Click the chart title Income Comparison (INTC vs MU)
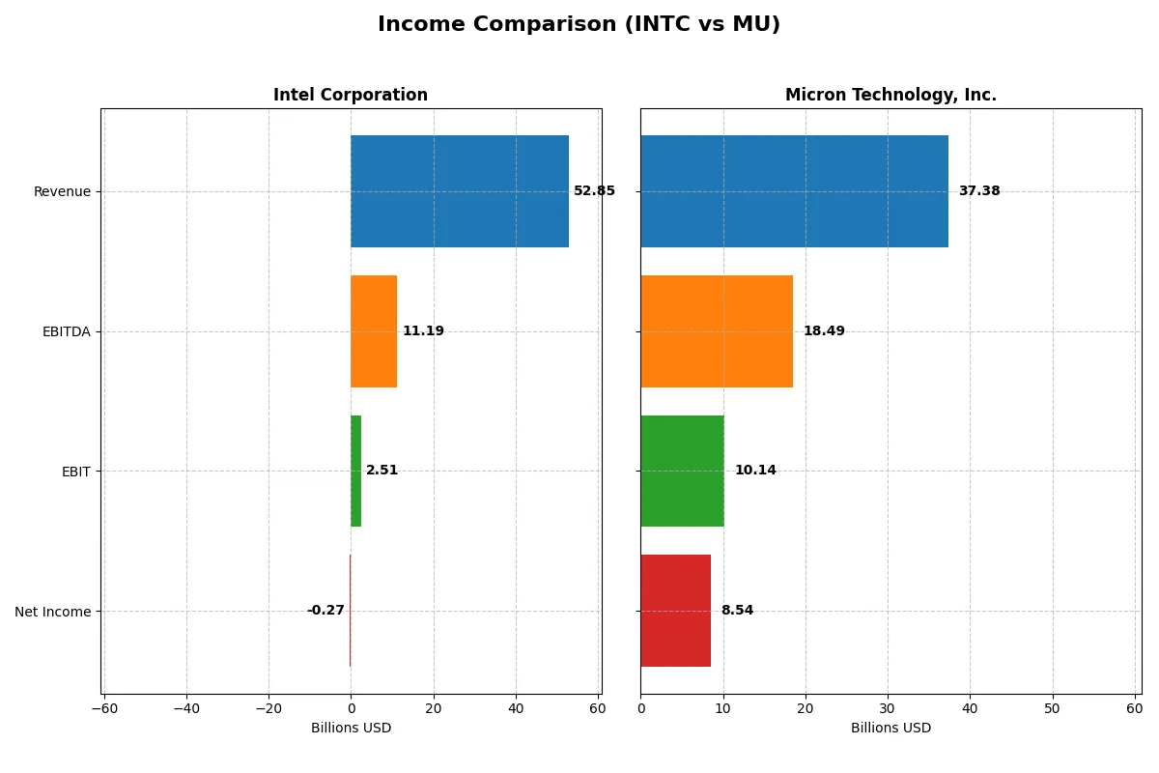[579, 24]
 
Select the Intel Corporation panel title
[350, 95]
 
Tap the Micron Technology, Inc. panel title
[890, 95]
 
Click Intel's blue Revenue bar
[459, 191]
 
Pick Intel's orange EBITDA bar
[374, 331]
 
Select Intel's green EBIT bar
[355, 471]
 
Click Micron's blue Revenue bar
[794, 191]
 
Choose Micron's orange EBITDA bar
[717, 331]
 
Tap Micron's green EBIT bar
[682, 471]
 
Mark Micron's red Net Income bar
[675, 611]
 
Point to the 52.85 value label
[594, 191]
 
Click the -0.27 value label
[325, 611]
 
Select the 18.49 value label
[824, 331]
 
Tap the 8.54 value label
[737, 611]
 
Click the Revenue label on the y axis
[62, 191]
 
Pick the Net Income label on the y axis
[53, 612]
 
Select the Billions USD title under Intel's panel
[351, 728]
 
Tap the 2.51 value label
[382, 471]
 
